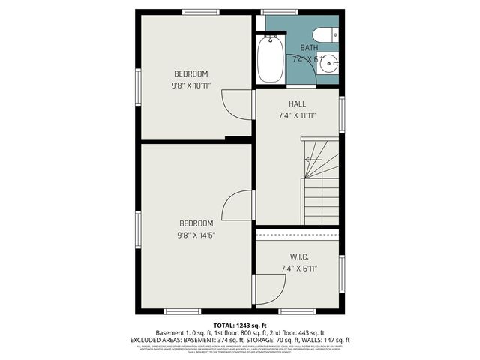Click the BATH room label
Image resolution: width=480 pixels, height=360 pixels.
309,48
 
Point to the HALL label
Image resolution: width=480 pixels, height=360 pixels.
297,103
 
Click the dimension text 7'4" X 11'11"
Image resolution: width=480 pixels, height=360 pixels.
297,115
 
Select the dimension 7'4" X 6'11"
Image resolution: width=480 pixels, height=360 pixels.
298,268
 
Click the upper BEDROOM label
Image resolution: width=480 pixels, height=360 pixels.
191,73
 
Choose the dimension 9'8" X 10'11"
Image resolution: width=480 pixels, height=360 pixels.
191,85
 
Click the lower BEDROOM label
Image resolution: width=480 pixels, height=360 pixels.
196,223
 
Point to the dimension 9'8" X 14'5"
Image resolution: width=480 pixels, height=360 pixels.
196,235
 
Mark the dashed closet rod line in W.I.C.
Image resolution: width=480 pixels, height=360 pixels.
298,235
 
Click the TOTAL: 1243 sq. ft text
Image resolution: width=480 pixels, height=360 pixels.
239,325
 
